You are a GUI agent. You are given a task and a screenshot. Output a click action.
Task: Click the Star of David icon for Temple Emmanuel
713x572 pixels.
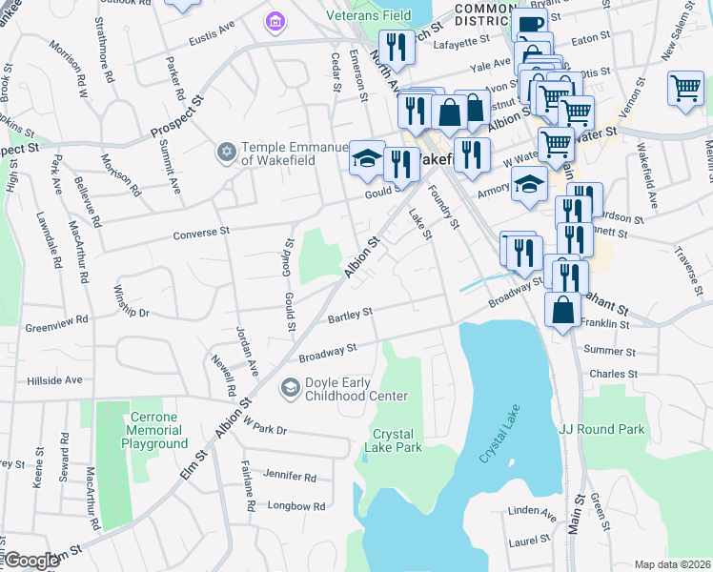(x=226, y=152)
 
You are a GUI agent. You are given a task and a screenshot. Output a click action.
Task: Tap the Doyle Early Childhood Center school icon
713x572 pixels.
(x=289, y=388)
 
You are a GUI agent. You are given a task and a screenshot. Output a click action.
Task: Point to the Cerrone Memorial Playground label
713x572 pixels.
(x=147, y=436)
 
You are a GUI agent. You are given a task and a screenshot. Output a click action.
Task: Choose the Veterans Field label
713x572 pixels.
(x=368, y=16)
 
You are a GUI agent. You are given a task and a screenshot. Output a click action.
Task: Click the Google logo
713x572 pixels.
(x=32, y=561)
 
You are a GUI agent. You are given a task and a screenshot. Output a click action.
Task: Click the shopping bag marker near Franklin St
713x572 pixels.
(x=562, y=310)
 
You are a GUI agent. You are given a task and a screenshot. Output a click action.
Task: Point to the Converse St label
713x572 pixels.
(x=201, y=233)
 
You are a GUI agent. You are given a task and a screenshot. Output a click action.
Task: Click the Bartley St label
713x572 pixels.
(x=350, y=314)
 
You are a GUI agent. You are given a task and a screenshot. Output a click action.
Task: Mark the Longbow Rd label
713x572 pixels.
(x=296, y=506)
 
